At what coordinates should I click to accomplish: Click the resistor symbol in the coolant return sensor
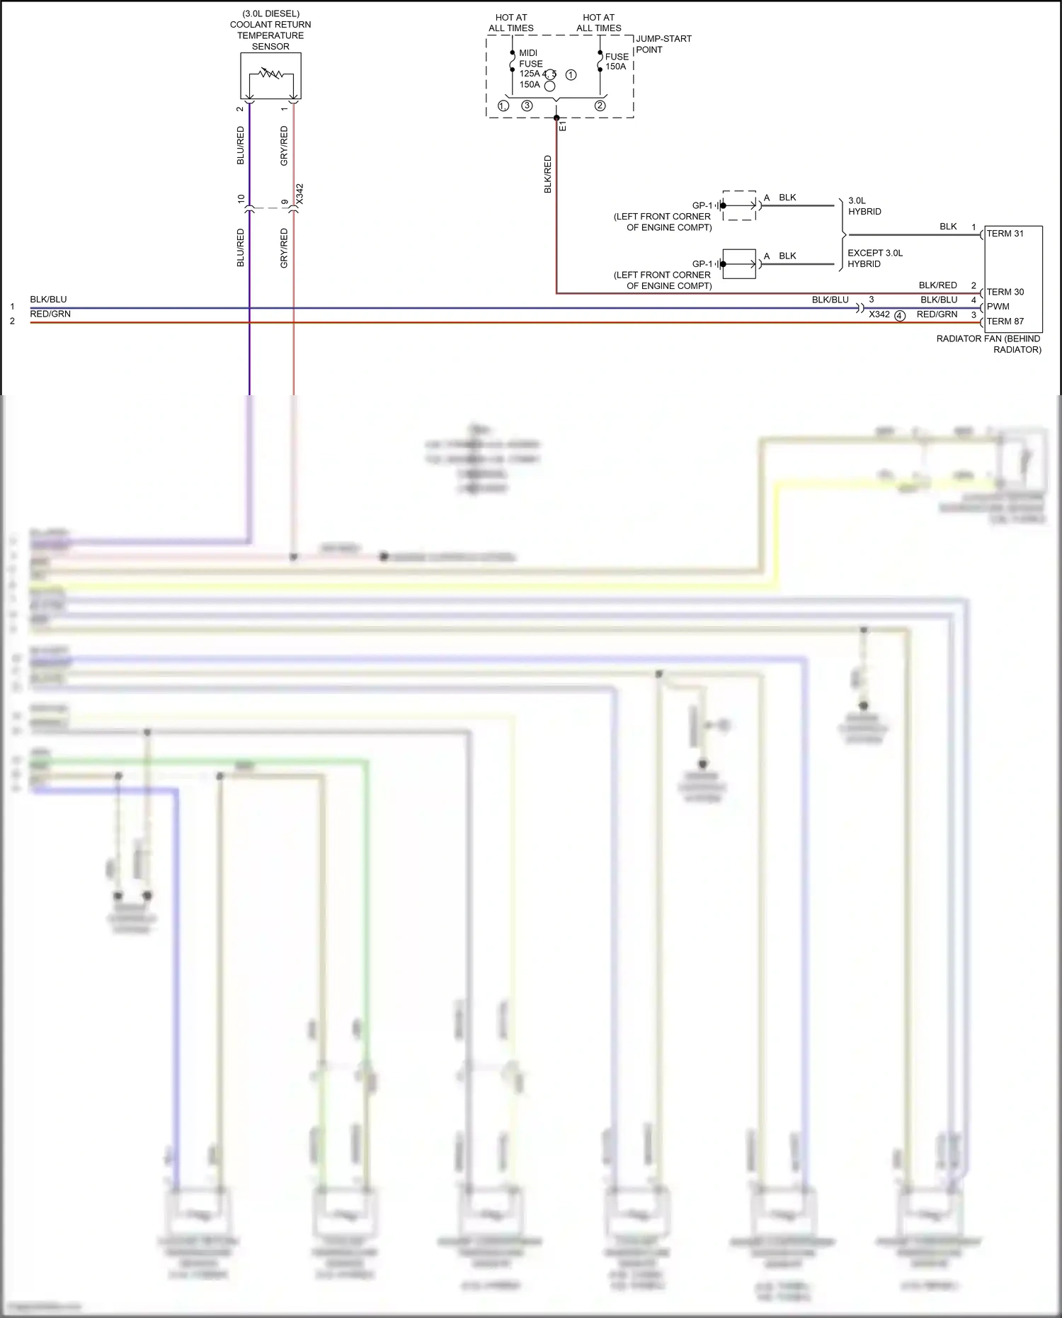(270, 73)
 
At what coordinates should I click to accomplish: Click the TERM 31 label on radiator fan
(1005, 234)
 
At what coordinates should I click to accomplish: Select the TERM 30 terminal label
(1005, 292)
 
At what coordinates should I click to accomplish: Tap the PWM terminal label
(998, 307)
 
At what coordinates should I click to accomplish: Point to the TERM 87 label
(1005, 322)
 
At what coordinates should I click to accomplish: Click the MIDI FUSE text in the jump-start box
(530, 58)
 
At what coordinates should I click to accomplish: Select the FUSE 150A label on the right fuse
(616, 62)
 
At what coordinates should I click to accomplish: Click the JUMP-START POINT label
(663, 44)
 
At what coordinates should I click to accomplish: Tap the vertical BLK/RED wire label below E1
(547, 174)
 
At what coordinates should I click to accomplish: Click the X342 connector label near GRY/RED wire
(299, 195)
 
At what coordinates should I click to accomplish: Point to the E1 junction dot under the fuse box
(556, 118)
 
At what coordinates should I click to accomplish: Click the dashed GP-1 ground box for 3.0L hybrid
(739, 205)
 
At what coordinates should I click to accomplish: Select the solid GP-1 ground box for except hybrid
(739, 263)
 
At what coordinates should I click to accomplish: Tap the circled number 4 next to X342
(900, 316)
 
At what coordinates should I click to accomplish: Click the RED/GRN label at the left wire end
(50, 314)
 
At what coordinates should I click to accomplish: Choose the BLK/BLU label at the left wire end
(48, 300)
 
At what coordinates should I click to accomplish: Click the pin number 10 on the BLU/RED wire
(241, 199)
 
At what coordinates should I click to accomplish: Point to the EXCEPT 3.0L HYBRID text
(874, 259)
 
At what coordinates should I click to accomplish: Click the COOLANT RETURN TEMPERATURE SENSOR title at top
(270, 30)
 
